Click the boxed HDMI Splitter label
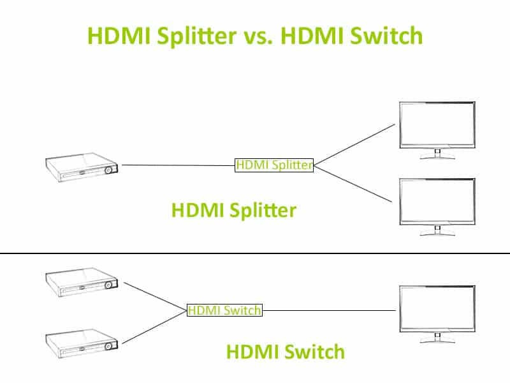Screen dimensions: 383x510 point(274,165)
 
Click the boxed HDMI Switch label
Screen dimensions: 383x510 point(224,310)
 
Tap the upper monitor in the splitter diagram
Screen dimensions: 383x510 point(437,126)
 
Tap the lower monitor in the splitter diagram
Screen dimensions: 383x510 point(437,201)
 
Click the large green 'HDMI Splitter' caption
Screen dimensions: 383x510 point(233,210)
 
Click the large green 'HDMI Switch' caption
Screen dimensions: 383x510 point(285,351)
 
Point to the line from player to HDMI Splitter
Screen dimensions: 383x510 point(178,165)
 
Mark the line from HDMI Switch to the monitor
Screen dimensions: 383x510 point(328,310)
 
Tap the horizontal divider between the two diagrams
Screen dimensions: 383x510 point(255,253)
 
